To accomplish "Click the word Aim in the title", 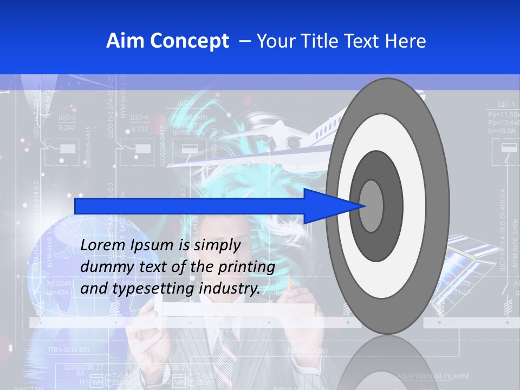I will point(125,41).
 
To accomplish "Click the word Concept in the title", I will point(188,41).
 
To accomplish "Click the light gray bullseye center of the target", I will point(372,206).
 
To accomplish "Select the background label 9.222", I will point(140,129).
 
